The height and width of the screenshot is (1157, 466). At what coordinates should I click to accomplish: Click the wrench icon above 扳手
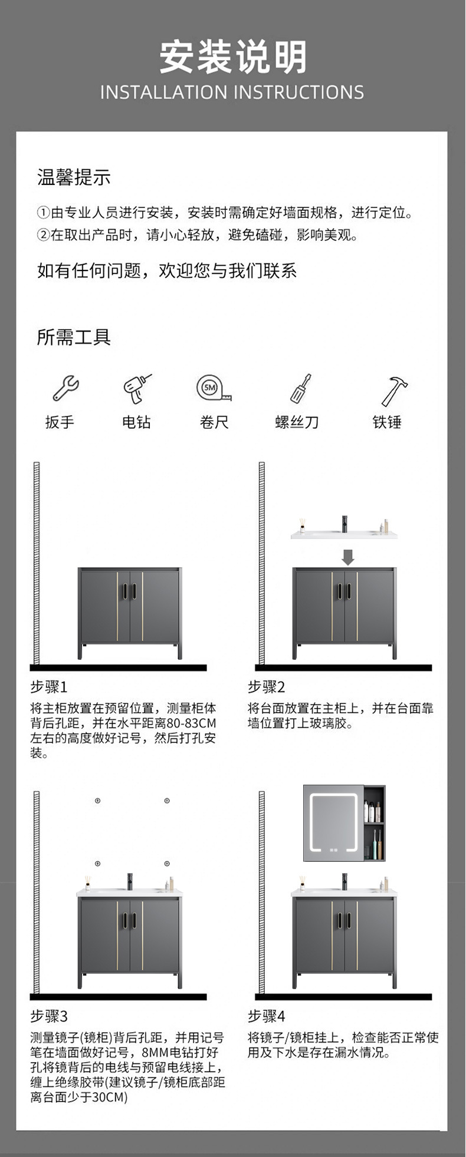pos(65,388)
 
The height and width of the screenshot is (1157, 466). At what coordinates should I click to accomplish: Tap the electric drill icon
pos(137,388)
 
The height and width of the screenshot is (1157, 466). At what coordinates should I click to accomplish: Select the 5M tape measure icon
pos(213,388)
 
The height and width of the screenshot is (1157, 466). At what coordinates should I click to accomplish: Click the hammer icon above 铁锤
pos(393,390)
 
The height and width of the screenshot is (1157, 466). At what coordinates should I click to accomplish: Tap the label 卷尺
pos(214,422)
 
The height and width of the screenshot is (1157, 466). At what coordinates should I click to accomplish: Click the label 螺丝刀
pos(297,422)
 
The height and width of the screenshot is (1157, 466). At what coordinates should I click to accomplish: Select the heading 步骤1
pos(49,686)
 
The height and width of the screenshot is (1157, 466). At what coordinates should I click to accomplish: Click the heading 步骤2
pos(266,686)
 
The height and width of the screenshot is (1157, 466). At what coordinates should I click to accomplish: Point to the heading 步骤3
pos(49,1016)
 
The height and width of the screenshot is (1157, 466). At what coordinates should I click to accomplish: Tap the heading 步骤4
pos(266,1016)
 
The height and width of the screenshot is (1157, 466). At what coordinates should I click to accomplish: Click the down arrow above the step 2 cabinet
pos(348,556)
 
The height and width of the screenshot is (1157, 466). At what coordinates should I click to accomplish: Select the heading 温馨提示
pos(74,177)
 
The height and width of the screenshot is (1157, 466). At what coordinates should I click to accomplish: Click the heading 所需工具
pos(74,337)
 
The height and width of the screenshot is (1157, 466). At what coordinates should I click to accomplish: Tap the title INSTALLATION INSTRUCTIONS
pos(232,92)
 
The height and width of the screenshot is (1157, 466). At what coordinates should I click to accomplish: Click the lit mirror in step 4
pos(333,822)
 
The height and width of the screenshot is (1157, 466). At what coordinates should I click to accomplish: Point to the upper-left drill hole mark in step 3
pos(98,801)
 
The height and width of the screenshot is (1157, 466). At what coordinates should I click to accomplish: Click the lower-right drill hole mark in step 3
pos(167,864)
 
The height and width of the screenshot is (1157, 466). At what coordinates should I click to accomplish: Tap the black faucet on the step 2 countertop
pos(345,523)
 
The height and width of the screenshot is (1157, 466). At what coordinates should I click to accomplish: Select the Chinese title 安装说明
pos(232,57)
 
